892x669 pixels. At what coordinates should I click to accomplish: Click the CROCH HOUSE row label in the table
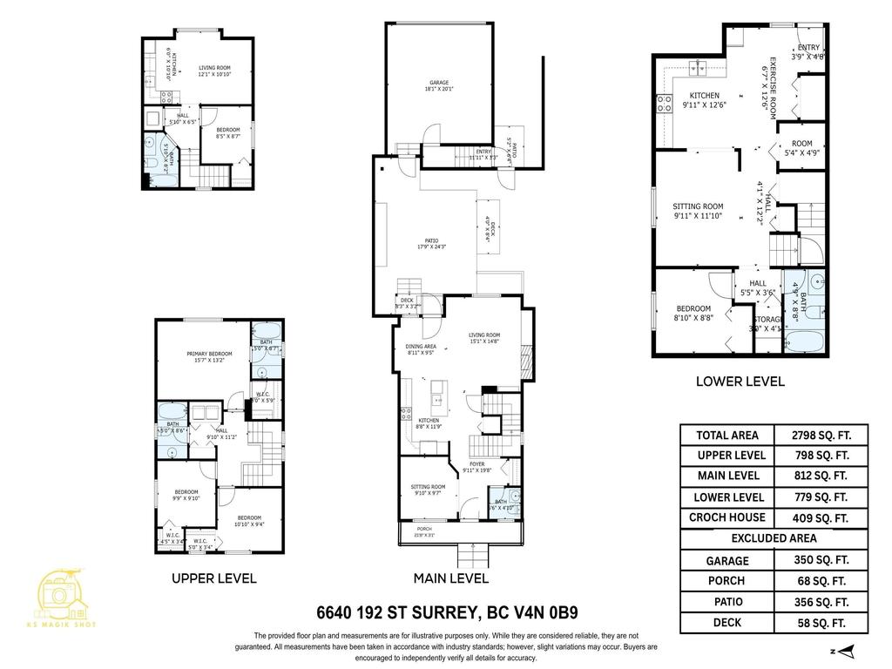[x=727, y=517]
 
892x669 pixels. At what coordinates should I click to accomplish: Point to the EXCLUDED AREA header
[x=774, y=538]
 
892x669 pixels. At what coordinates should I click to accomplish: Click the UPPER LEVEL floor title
[x=213, y=578]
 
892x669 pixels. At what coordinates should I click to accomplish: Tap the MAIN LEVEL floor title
[x=450, y=578]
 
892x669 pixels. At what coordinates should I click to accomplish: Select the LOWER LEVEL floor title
[x=740, y=381]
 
